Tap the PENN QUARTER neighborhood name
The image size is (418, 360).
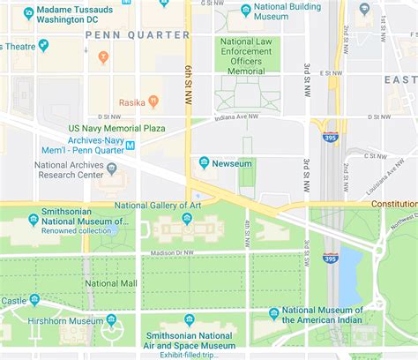(x=138, y=35)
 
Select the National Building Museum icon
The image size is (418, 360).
(x=245, y=11)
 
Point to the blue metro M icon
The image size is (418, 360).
(x=131, y=146)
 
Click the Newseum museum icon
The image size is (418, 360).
(x=205, y=162)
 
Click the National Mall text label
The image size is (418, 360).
(x=112, y=284)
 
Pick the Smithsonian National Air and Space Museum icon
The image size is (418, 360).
(x=189, y=320)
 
